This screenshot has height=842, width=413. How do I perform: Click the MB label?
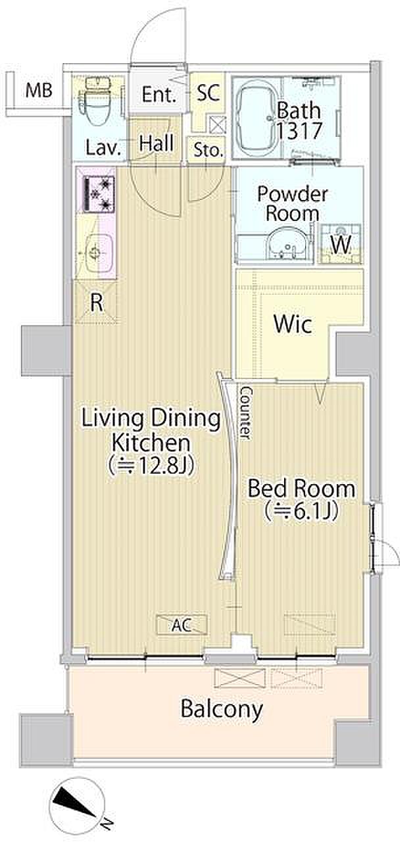[x=39, y=91]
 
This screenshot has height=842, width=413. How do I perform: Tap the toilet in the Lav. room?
[x=94, y=101]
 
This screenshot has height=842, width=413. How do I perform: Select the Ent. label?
[x=158, y=95]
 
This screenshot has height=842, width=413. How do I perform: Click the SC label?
[x=208, y=93]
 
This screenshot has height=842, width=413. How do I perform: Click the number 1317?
[x=299, y=130]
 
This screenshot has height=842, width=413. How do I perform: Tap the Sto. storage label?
[x=208, y=151]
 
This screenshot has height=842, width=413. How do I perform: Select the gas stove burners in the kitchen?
[x=96, y=193]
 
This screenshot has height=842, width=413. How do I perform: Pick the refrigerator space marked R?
[x=96, y=303]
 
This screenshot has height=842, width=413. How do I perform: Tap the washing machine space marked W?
[x=341, y=244]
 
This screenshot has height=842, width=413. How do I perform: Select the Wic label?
[x=293, y=324]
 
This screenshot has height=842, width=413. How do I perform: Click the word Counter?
[x=245, y=413]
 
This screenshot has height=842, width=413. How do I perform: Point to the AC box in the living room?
[x=182, y=624]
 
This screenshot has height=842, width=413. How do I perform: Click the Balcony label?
[x=222, y=709]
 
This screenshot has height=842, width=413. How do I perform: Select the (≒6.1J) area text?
[x=301, y=510]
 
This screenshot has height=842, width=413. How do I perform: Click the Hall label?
[x=157, y=143]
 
